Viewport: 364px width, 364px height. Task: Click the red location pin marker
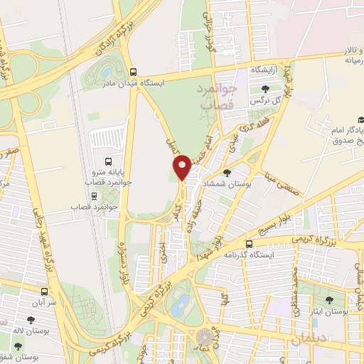pyautogui.click(x=182, y=166)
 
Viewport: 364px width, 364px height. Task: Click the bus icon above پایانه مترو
pyautogui.click(x=108, y=160)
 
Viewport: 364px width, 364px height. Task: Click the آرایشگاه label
pyautogui.click(x=262, y=70)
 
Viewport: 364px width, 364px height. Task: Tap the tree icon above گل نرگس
pyautogui.click(x=265, y=89)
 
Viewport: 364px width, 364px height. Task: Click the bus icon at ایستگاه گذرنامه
pyautogui.click(x=248, y=243)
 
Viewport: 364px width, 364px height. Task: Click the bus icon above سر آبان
pyautogui.click(x=45, y=291)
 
